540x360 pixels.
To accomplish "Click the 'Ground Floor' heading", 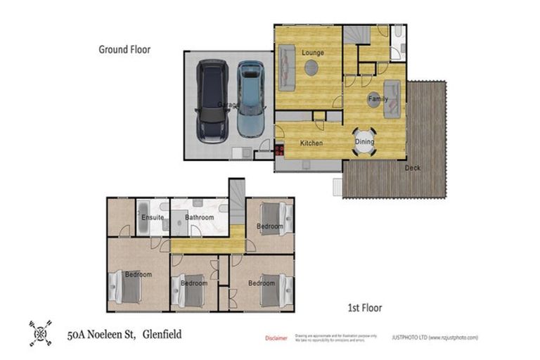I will point(124,50).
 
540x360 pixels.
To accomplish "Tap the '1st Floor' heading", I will point(365,308).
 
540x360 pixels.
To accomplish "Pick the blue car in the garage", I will point(250,98).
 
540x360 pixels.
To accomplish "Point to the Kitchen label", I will point(311,143).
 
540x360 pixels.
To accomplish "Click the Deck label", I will point(413,167).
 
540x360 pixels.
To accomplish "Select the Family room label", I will point(378,100).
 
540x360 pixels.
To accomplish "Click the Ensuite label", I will point(153,218).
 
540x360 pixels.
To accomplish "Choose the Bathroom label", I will point(200,218).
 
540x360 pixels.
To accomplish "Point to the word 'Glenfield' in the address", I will point(162,335).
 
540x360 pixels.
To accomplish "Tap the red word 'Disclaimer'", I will point(276,338).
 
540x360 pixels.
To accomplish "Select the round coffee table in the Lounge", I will point(311,67).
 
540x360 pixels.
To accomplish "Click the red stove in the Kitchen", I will point(279,149).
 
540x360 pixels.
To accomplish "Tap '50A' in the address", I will point(78,335).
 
